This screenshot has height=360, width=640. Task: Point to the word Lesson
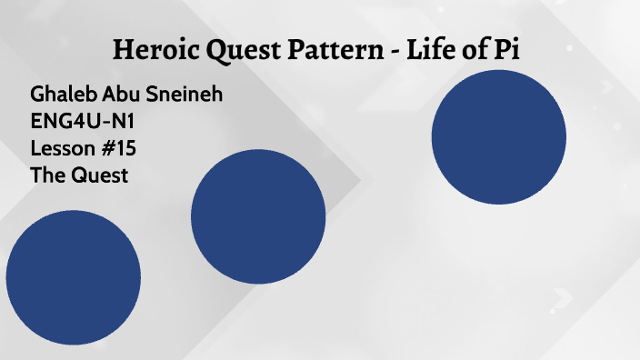61,148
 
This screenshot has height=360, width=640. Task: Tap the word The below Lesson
46,175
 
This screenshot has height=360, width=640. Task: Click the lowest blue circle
73,277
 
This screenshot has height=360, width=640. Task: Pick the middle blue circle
258,216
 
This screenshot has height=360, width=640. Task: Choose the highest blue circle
498,137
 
